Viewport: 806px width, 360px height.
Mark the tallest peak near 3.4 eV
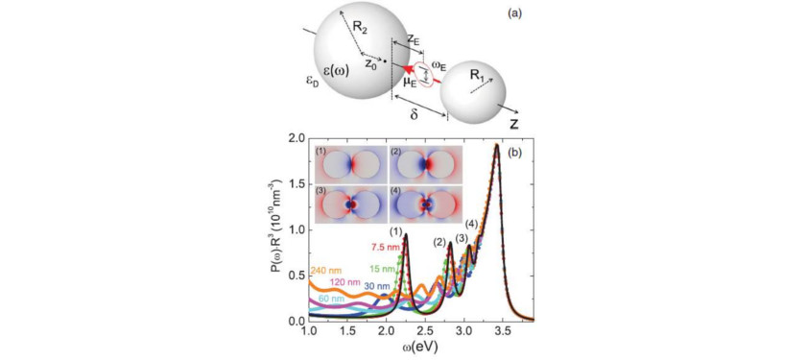[496, 146]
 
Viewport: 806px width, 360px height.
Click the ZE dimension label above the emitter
[411, 38]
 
